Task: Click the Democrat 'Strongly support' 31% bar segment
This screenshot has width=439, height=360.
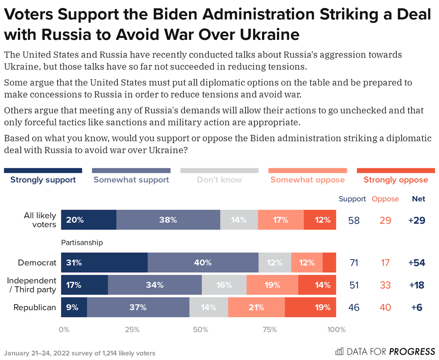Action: click(104, 263)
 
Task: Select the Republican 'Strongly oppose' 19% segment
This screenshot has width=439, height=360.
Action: click(310, 308)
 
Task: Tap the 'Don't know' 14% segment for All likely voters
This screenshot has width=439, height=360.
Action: click(239, 220)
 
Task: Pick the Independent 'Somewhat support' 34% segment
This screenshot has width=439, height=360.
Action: click(155, 285)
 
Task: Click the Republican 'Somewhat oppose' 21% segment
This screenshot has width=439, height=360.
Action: click(256, 308)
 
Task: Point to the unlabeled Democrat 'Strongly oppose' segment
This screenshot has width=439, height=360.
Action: click(329, 263)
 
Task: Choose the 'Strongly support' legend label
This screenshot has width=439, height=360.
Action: click(43, 180)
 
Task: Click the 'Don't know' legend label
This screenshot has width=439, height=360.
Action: click(219, 180)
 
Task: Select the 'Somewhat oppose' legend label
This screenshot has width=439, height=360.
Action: click(307, 180)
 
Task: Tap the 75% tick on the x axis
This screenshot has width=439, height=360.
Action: click(269, 330)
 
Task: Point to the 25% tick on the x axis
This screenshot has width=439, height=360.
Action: click(132, 330)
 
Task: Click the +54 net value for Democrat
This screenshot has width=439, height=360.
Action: click(417, 263)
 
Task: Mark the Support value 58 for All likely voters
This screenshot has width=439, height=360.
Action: click(353, 220)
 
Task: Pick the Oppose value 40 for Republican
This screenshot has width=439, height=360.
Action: click(385, 308)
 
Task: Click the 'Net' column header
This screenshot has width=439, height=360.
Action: click(418, 199)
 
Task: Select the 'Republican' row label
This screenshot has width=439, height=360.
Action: click(35, 308)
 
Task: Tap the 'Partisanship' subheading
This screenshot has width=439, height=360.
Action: click(82, 243)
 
